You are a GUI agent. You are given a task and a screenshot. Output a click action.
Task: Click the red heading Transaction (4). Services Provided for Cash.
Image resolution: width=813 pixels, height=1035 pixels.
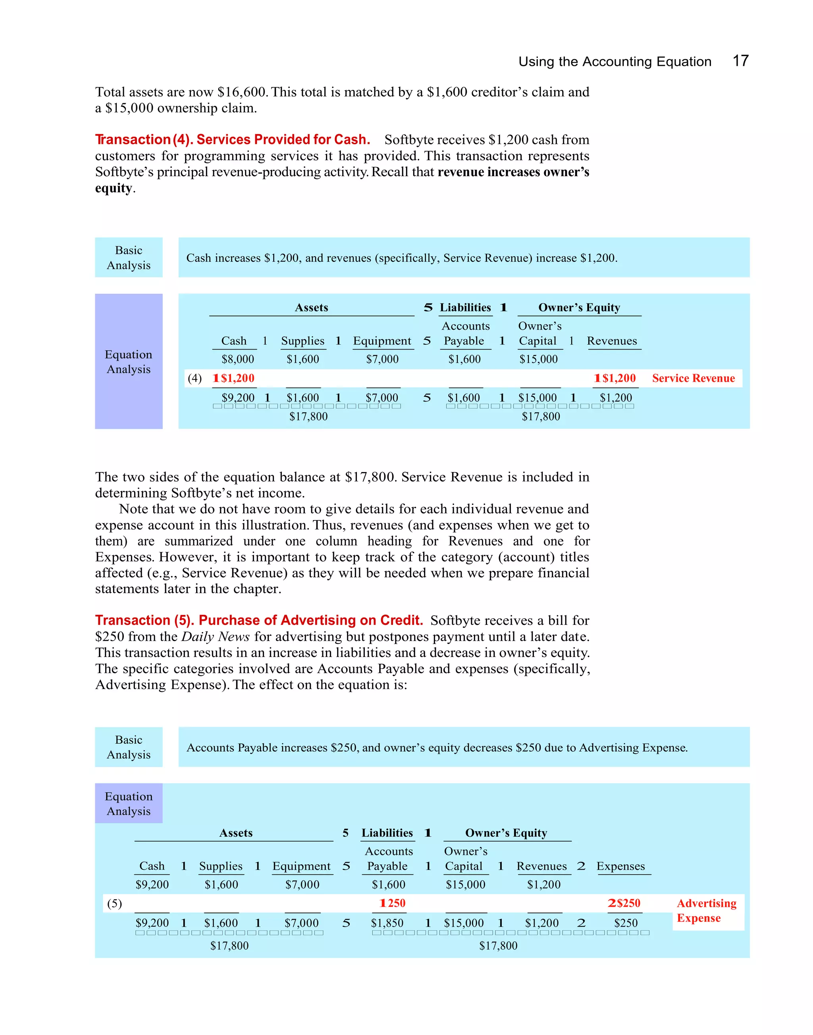(232, 139)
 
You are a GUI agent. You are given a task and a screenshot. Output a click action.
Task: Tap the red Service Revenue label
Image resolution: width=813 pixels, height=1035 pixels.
(693, 378)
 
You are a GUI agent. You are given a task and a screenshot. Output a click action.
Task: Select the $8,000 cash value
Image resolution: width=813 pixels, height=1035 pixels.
(237, 359)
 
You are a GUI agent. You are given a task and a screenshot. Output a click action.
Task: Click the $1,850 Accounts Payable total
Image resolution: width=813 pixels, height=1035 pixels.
(387, 923)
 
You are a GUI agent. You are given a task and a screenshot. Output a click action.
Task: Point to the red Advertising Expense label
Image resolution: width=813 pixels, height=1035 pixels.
(706, 910)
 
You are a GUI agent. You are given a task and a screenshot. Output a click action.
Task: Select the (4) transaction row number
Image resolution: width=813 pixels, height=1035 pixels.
(195, 378)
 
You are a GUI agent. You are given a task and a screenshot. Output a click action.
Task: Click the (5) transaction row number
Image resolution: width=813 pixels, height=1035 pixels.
(114, 903)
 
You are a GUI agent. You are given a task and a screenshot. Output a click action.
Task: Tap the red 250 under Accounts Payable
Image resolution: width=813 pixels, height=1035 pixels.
(393, 903)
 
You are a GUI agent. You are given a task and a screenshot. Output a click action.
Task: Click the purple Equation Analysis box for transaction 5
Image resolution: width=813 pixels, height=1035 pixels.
(129, 803)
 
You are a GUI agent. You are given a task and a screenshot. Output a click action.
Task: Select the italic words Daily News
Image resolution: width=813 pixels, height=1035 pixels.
(216, 636)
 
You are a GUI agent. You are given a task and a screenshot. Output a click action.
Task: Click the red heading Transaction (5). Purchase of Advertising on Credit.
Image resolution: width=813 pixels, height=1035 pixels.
(259, 620)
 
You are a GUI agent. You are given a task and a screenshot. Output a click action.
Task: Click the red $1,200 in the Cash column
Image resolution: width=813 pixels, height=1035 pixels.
(234, 378)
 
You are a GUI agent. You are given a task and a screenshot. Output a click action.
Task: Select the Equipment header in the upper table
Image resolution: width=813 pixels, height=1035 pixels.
(382, 341)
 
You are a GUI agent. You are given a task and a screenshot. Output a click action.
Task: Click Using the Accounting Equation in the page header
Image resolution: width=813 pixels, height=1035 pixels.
(615, 62)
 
